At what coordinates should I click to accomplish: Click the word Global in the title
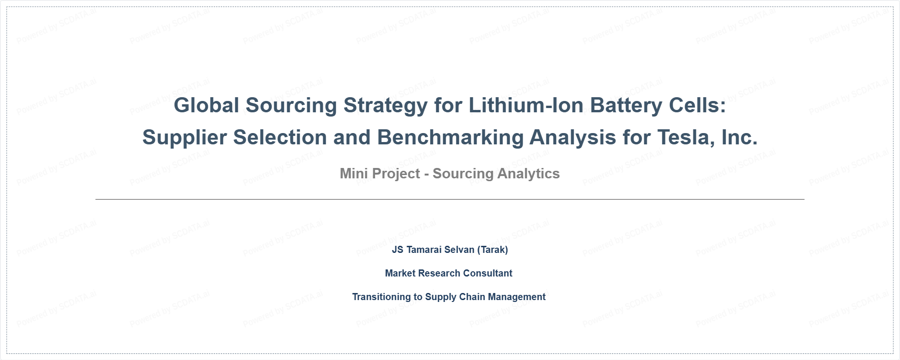(207, 105)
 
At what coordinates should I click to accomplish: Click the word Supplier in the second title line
(184, 138)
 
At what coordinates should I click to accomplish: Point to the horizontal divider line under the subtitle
(450, 199)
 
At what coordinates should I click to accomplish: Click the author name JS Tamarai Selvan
(433, 250)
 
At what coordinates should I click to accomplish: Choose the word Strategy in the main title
(385, 106)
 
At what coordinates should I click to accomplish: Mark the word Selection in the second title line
(280, 137)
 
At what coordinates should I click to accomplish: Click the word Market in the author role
(400, 273)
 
